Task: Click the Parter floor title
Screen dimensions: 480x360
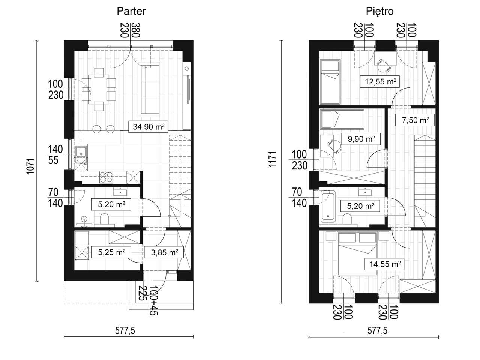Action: (x=131, y=11)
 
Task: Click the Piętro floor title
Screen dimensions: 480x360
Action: (x=380, y=12)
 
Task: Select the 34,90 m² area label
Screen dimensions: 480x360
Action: (x=148, y=127)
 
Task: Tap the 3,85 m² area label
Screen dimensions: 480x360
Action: (x=164, y=252)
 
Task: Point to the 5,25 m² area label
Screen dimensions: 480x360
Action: (x=111, y=252)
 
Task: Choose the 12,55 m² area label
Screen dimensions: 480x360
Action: (x=380, y=81)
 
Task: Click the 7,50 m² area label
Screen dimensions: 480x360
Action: (x=415, y=120)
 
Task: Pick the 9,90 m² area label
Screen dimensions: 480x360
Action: (x=361, y=139)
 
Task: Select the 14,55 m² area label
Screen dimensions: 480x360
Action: (x=385, y=264)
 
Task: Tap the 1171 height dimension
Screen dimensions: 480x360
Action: (x=273, y=160)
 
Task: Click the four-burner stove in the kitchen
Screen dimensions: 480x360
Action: (x=106, y=177)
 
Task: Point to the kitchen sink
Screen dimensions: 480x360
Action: (x=81, y=152)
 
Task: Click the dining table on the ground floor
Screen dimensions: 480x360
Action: (x=99, y=89)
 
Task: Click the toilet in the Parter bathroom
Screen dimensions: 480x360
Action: (x=104, y=219)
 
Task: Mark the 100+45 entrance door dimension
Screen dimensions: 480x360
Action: (x=153, y=300)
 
